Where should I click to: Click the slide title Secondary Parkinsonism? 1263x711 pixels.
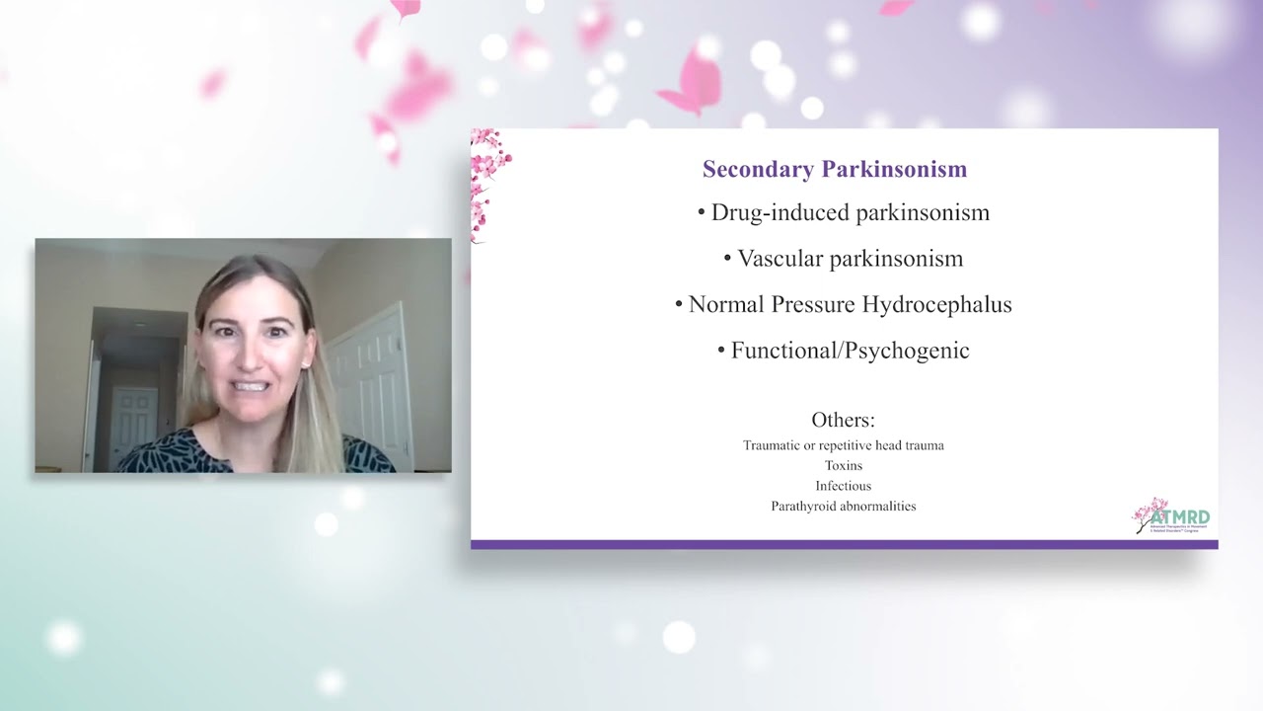[834, 169]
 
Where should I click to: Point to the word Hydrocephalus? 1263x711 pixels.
[936, 304]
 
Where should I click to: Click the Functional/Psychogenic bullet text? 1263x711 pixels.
[850, 351]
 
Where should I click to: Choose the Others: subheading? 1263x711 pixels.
[843, 420]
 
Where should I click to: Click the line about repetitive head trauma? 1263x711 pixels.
[843, 445]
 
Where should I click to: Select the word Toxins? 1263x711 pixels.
[843, 465]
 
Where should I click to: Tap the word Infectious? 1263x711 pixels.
[843, 486]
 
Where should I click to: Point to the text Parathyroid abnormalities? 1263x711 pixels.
[843, 506]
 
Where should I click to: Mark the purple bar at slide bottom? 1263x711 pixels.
[844, 544]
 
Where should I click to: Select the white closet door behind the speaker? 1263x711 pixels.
[373, 385]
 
